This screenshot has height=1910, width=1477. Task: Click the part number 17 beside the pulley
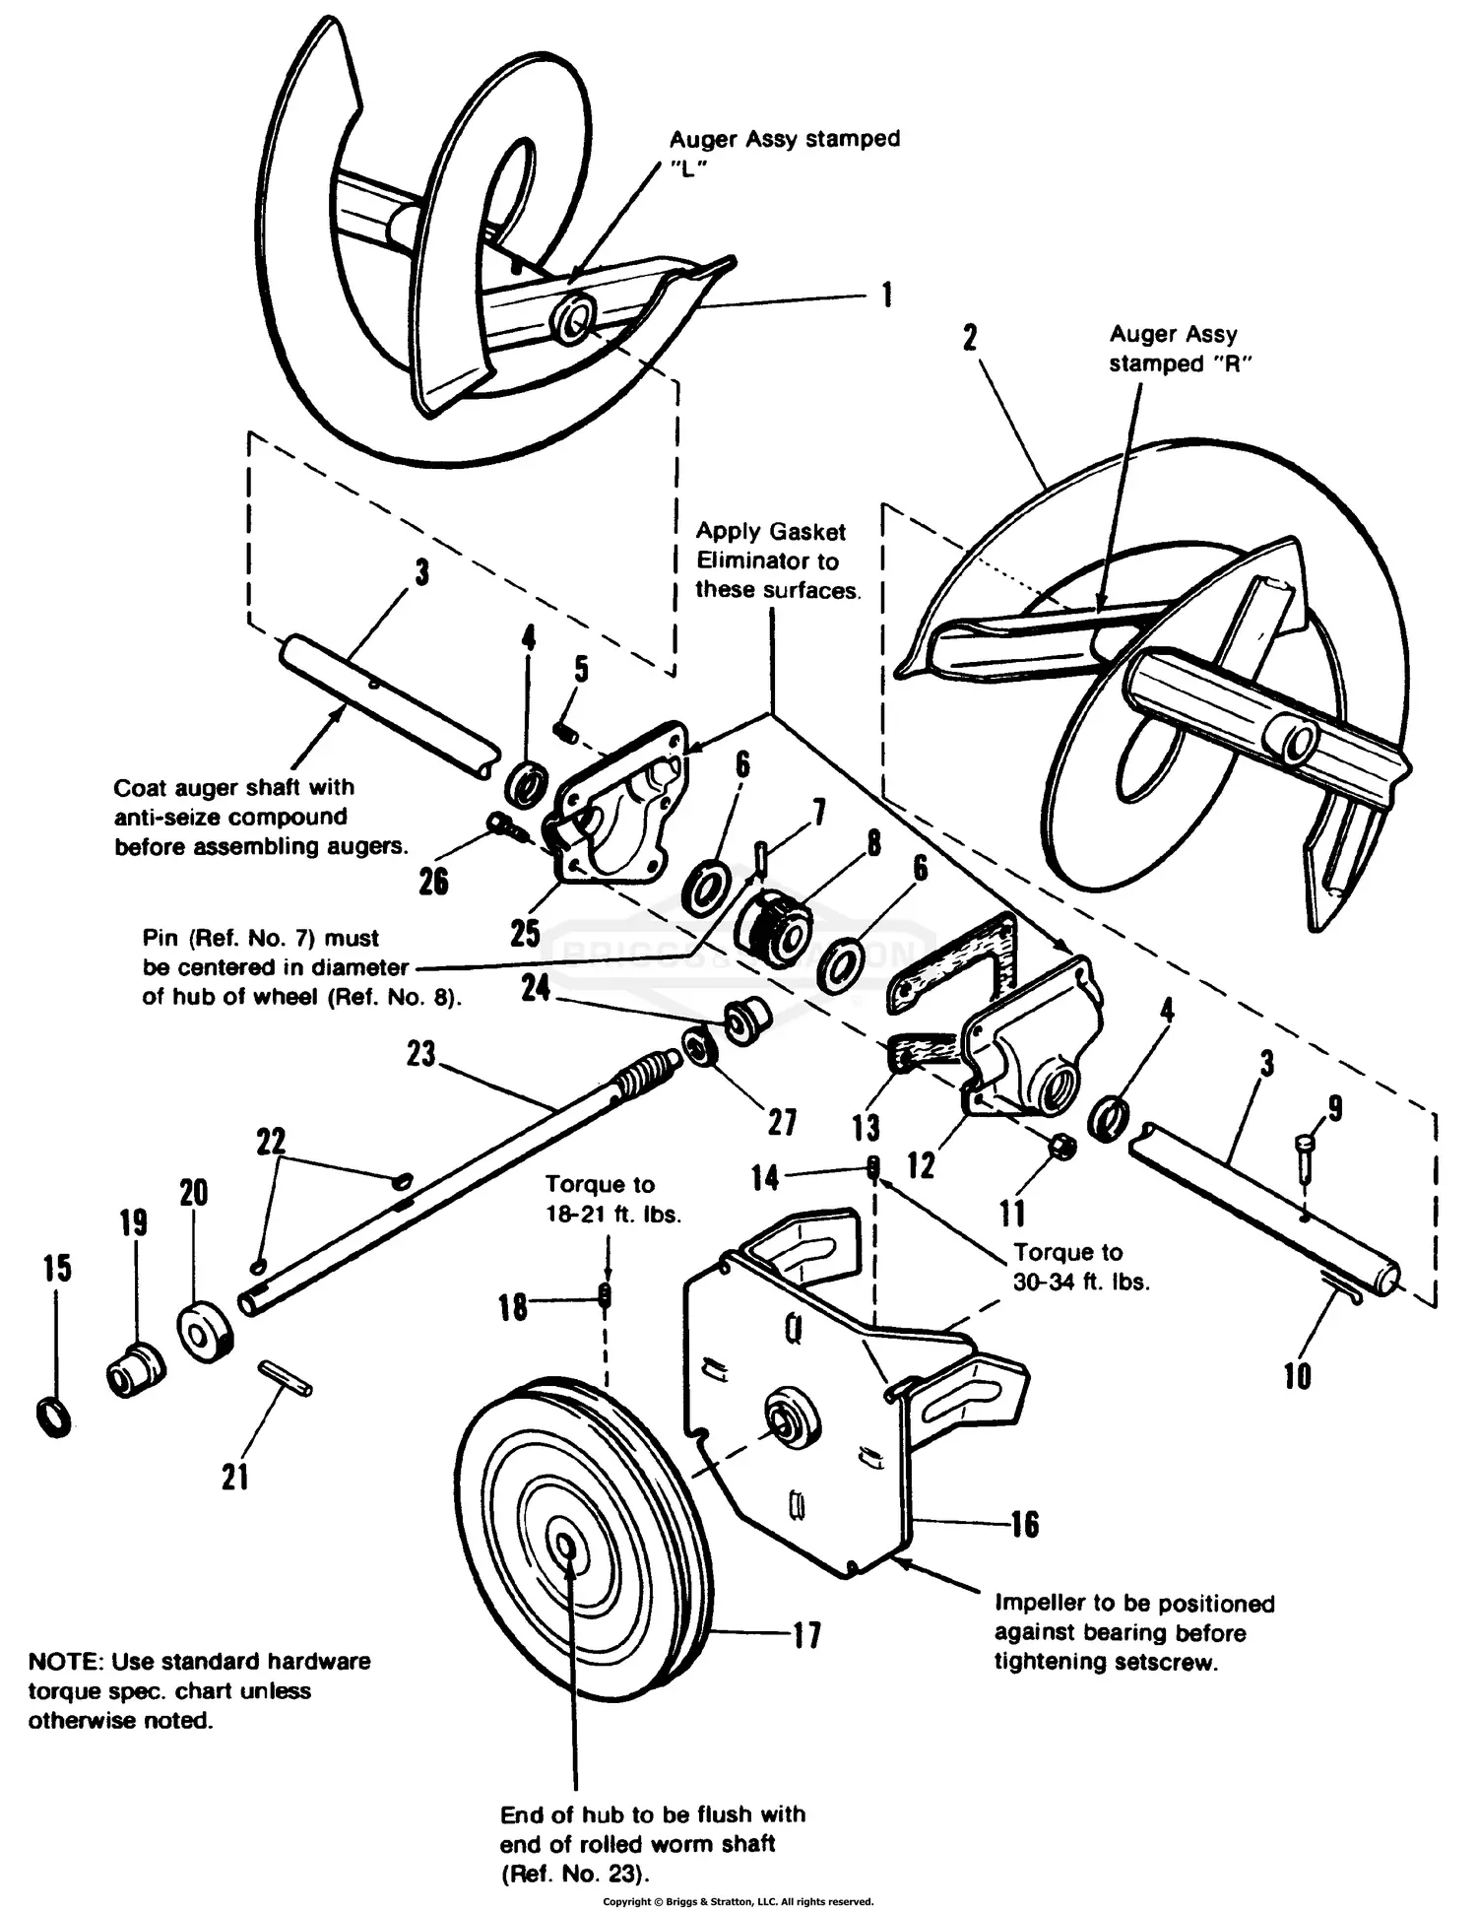point(806,1636)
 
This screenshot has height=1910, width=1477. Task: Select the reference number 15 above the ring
point(57,1268)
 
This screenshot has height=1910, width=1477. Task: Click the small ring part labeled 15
point(55,1417)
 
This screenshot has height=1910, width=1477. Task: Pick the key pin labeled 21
point(286,1377)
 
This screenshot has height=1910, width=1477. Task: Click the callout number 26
point(433,881)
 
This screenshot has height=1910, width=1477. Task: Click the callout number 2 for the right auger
point(970,337)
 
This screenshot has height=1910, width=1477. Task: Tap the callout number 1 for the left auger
point(886,294)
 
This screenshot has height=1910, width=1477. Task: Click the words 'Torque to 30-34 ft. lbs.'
point(1081,1267)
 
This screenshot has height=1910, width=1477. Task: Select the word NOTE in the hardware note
point(65,1662)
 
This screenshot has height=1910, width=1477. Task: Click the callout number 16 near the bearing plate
point(1024,1524)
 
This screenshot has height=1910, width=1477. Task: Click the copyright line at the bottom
point(738,1901)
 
